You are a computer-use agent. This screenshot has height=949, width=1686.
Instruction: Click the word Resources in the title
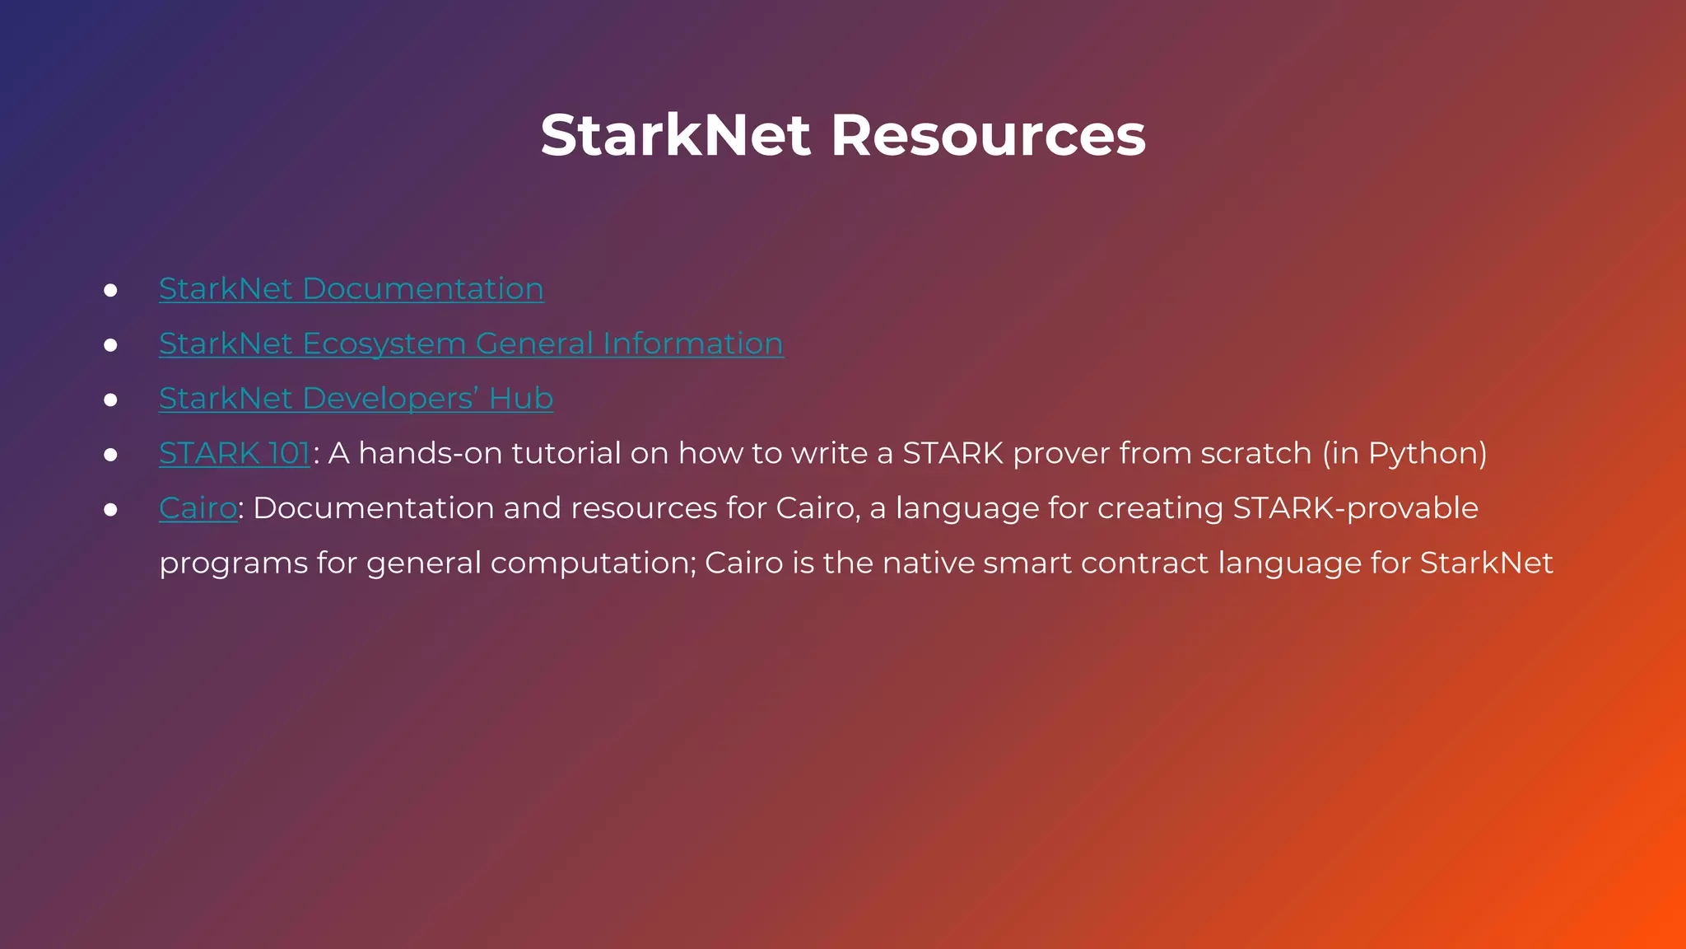click(x=988, y=135)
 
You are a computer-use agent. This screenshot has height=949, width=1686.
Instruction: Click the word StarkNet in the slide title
click(x=675, y=135)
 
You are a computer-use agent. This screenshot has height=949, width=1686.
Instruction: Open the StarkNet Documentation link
click(x=351, y=289)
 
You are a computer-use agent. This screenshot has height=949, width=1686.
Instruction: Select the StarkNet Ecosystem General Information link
click(x=471, y=344)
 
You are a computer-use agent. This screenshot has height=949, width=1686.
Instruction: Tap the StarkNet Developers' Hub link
click(x=356, y=399)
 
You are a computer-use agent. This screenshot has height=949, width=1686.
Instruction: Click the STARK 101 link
click(x=235, y=454)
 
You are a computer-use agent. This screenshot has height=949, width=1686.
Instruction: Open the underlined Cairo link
click(x=198, y=508)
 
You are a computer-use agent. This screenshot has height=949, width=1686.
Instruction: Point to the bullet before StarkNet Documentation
click(x=110, y=291)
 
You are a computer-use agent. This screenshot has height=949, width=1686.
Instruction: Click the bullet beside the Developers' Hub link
click(x=110, y=400)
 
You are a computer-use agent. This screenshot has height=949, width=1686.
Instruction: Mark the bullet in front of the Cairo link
click(x=110, y=510)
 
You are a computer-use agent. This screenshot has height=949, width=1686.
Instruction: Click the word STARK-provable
click(x=1355, y=508)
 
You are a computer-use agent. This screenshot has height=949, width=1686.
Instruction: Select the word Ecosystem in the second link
click(x=384, y=344)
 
